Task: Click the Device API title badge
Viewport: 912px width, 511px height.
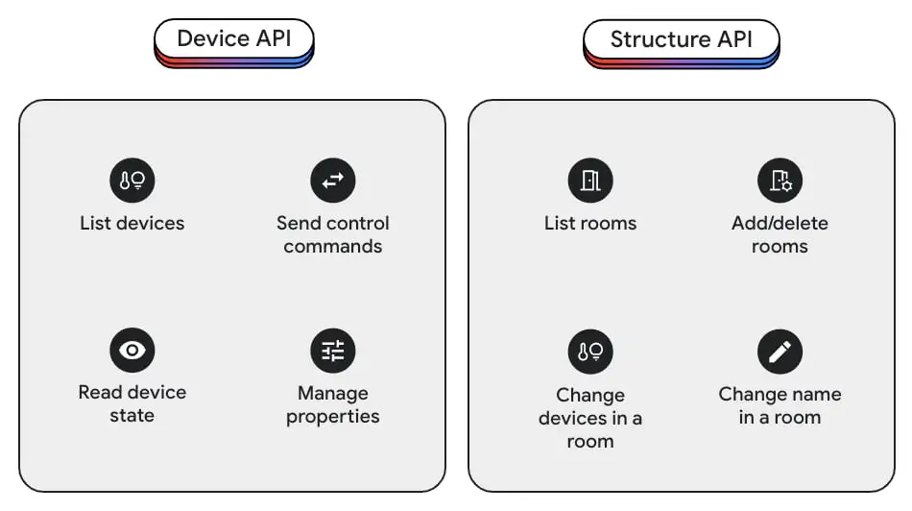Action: (x=233, y=41)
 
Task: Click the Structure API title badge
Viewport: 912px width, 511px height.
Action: (x=681, y=41)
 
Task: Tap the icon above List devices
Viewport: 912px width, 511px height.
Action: (x=132, y=180)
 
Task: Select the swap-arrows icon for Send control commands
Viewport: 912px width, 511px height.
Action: (x=332, y=180)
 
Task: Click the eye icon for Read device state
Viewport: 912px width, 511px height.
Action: (x=132, y=351)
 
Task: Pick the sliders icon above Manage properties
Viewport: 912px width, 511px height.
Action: (x=332, y=351)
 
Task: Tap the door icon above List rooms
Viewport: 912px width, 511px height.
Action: (x=589, y=180)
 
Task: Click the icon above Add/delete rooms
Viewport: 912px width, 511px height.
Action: (x=780, y=180)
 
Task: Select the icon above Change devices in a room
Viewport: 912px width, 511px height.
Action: (x=589, y=351)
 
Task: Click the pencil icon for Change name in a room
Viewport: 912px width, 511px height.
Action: (x=780, y=351)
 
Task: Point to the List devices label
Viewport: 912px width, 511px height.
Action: (x=132, y=224)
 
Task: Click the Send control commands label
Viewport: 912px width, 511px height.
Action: (x=332, y=235)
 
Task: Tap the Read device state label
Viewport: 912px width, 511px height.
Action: (x=132, y=404)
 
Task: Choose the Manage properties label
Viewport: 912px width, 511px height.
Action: (x=332, y=405)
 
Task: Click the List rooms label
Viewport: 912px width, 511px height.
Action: (x=589, y=224)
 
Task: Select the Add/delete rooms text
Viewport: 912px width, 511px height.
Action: (x=780, y=235)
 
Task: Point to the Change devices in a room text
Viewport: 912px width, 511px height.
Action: (x=589, y=419)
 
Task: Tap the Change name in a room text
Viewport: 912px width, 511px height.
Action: (x=780, y=406)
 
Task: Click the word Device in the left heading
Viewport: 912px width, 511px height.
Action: (x=212, y=41)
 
